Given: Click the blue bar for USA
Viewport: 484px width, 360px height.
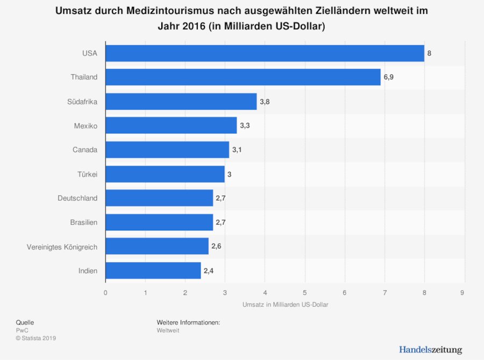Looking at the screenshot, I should click(x=265, y=53).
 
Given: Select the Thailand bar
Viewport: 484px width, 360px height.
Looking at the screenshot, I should click(x=243, y=77).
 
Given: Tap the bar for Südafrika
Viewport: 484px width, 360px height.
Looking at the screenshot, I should click(x=181, y=101).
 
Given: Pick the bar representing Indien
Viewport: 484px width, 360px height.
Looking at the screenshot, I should click(x=153, y=271).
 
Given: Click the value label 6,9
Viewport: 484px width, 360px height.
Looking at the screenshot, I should click(x=389, y=77).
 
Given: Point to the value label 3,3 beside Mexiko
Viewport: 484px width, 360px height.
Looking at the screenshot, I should click(x=245, y=125).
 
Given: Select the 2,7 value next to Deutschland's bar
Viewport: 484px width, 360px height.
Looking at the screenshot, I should click(x=221, y=198).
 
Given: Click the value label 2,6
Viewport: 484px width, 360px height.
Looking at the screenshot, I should click(x=217, y=246).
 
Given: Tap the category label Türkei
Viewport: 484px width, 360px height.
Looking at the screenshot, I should click(x=87, y=174).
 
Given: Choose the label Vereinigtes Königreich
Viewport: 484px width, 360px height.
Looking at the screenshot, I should click(x=62, y=246).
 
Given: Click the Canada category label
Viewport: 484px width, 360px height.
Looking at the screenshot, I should click(x=85, y=150).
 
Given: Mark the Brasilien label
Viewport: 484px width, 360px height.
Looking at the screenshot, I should click(x=84, y=222).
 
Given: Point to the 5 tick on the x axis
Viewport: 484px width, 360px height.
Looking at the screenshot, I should click(x=305, y=293).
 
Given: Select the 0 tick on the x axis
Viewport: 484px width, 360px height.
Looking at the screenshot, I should click(x=105, y=293).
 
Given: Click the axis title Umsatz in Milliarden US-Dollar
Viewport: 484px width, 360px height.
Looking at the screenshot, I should click(x=285, y=305).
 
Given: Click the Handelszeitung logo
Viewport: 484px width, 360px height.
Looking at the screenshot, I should click(x=430, y=350).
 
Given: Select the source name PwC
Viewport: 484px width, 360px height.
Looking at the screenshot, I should click(x=22, y=330).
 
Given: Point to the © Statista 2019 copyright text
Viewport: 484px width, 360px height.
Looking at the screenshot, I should click(x=36, y=338).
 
